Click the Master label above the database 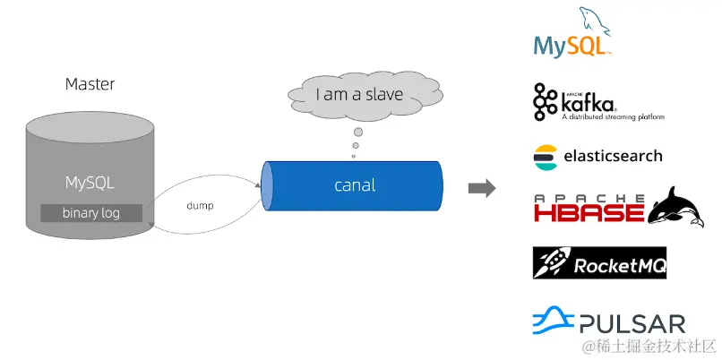pyautogui.click(x=90, y=84)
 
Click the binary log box pyautogui.click(x=90, y=213)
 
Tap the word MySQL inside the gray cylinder pyautogui.click(x=90, y=183)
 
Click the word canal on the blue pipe pyautogui.click(x=355, y=185)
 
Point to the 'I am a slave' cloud pyautogui.click(x=358, y=94)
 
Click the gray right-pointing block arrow pyautogui.click(x=482, y=187)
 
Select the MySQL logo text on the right pyautogui.click(x=571, y=45)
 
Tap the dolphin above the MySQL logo pyautogui.click(x=593, y=20)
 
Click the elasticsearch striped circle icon pyautogui.click(x=544, y=156)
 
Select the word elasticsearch pyautogui.click(x=613, y=156)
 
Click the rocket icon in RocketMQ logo pyautogui.click(x=548, y=262)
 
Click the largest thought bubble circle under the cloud pyautogui.click(x=357, y=131)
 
